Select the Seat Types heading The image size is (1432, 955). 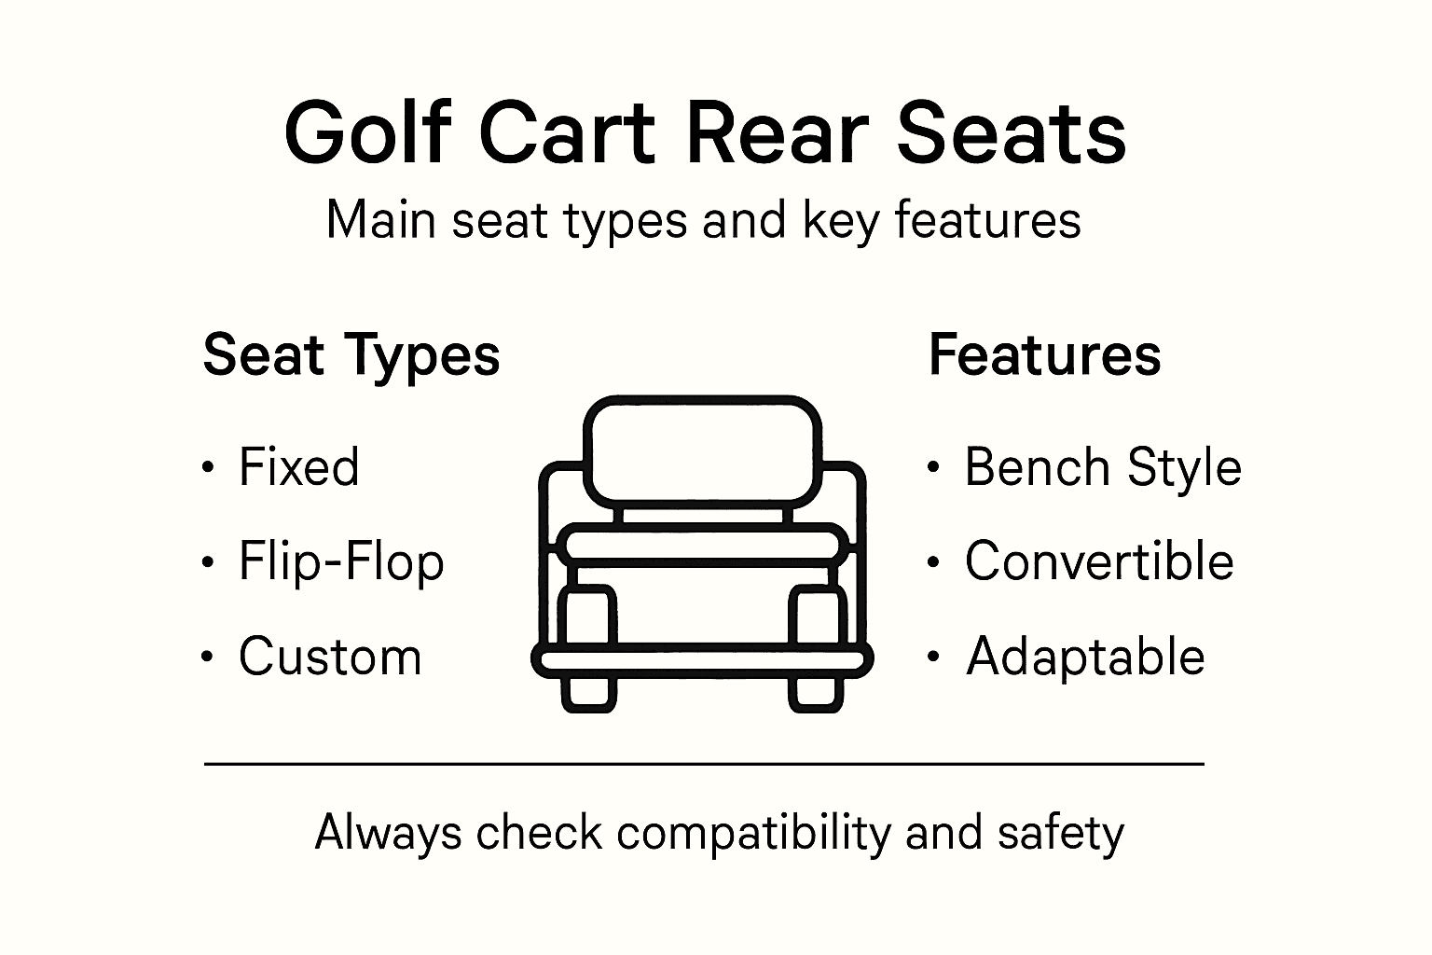pyautogui.click(x=351, y=355)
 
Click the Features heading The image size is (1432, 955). pyautogui.click(x=1044, y=355)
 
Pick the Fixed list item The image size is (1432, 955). pyautogui.click(x=298, y=466)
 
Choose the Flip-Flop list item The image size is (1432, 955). pyautogui.click(x=341, y=562)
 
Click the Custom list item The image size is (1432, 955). pyautogui.click(x=330, y=657)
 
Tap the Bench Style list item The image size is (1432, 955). pyautogui.click(x=1103, y=466)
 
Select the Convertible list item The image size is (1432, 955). pyautogui.click(x=1099, y=561)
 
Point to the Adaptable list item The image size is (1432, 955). pyautogui.click(x=1085, y=657)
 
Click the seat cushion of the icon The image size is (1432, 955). pyautogui.click(x=703, y=544)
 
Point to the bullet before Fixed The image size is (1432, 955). pyautogui.click(x=208, y=467)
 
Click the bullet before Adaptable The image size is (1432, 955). pyautogui.click(x=933, y=657)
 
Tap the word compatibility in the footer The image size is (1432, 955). pyautogui.click(x=752, y=833)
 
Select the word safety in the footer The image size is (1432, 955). pyautogui.click(x=1060, y=833)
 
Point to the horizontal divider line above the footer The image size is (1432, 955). pyautogui.click(x=704, y=764)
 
